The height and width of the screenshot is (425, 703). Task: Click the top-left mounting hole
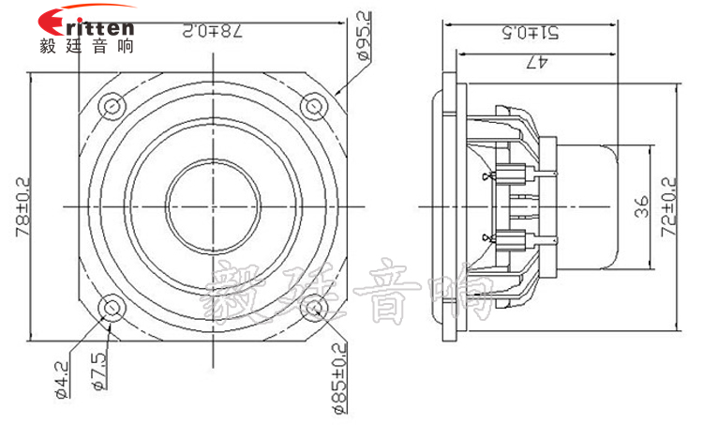pos(111,102)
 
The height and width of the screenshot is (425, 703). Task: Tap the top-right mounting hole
pos(314,103)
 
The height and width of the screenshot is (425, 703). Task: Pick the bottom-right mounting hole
pos(315,307)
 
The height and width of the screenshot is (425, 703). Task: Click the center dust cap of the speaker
pos(213,205)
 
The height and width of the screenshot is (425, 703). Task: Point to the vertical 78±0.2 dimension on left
pos(21,205)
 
